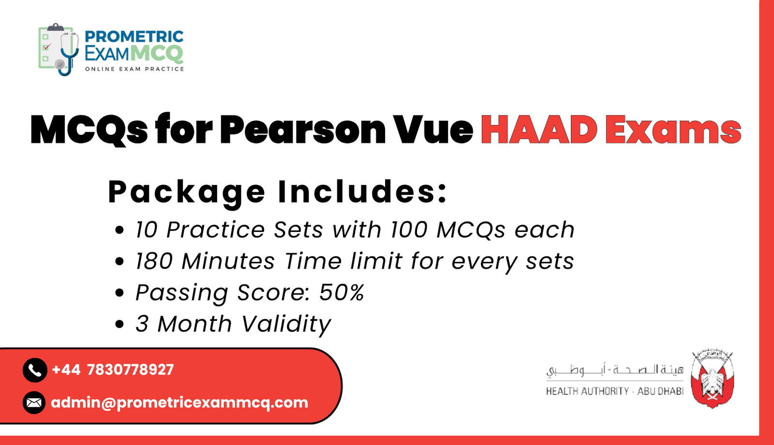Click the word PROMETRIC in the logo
tap(134, 37)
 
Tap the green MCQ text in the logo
tap(157, 53)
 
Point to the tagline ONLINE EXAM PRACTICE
tap(134, 69)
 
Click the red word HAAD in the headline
tap(539, 129)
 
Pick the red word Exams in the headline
tap(673, 129)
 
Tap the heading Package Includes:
tap(278, 192)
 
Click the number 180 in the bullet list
tap(154, 261)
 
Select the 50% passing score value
tap(342, 292)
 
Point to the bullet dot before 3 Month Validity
tap(120, 324)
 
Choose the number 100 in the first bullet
tap(409, 230)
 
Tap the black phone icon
tap(34, 370)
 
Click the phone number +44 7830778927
tap(113, 370)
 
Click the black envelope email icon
tap(34, 402)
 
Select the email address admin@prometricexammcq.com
tap(179, 402)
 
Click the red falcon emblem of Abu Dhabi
tap(712, 379)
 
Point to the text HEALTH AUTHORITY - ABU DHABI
tap(614, 391)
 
